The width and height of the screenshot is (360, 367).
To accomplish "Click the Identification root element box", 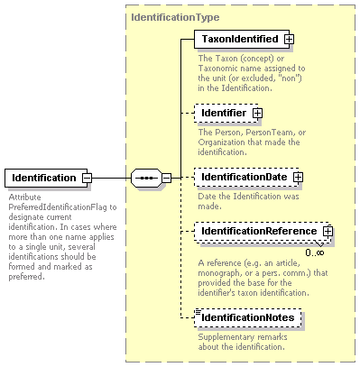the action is click(x=46, y=178).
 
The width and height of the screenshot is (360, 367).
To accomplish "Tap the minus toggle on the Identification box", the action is click(x=88, y=178).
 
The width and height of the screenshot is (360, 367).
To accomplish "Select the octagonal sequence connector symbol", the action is click(x=146, y=178).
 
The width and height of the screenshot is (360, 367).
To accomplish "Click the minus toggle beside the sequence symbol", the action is click(x=167, y=178).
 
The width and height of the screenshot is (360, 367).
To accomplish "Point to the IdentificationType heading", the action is click(x=175, y=17).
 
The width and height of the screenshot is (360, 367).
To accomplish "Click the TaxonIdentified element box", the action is click(x=242, y=39).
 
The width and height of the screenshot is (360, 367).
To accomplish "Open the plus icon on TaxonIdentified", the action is click(x=290, y=39).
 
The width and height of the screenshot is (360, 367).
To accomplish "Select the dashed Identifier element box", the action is click(x=226, y=113).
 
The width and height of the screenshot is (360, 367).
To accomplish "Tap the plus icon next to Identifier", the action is click(x=257, y=114).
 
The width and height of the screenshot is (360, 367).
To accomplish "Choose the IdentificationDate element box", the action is click(x=246, y=177).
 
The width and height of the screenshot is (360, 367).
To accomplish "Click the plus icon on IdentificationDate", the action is click(x=298, y=177).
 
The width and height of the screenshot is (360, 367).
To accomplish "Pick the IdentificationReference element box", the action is click(x=262, y=231).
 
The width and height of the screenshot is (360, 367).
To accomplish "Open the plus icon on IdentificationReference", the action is click(x=328, y=231).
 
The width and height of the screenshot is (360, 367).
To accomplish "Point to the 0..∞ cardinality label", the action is click(x=315, y=252).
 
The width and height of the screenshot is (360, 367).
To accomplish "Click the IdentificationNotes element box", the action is click(x=248, y=317).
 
